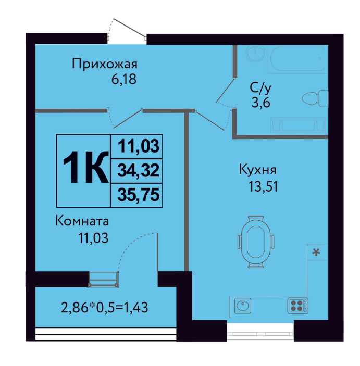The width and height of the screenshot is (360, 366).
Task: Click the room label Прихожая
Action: click(104, 64)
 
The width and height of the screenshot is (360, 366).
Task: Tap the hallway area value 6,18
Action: click(124, 79)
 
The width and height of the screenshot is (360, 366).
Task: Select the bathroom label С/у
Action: click(260, 88)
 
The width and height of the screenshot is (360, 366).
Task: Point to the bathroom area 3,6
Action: click(260, 102)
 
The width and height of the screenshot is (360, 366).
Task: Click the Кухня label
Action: click(257, 169)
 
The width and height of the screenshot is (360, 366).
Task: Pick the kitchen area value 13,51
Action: click(263, 186)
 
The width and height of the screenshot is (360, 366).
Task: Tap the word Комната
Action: click(82, 221)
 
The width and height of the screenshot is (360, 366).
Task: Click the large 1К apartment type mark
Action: click(86, 167)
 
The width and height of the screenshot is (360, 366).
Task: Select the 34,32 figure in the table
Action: click(138, 170)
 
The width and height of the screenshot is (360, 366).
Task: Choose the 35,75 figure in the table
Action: click(138, 195)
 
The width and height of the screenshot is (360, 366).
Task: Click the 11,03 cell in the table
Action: click(138, 146)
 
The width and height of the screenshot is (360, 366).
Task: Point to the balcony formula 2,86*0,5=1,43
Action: click(104, 307)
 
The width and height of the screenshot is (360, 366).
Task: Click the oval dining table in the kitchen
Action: click(256, 242)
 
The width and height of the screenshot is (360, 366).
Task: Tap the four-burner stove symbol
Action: click(298, 306)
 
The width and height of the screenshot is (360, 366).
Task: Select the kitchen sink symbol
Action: click(242, 306)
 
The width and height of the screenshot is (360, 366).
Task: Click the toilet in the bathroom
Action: click(315, 98)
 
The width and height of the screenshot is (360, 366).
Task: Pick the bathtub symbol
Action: click(297, 59)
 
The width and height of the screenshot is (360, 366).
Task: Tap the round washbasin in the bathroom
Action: click(255, 53)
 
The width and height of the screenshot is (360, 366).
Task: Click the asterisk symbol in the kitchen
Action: click(316, 253)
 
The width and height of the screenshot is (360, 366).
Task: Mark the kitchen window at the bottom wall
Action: click(260, 332)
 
